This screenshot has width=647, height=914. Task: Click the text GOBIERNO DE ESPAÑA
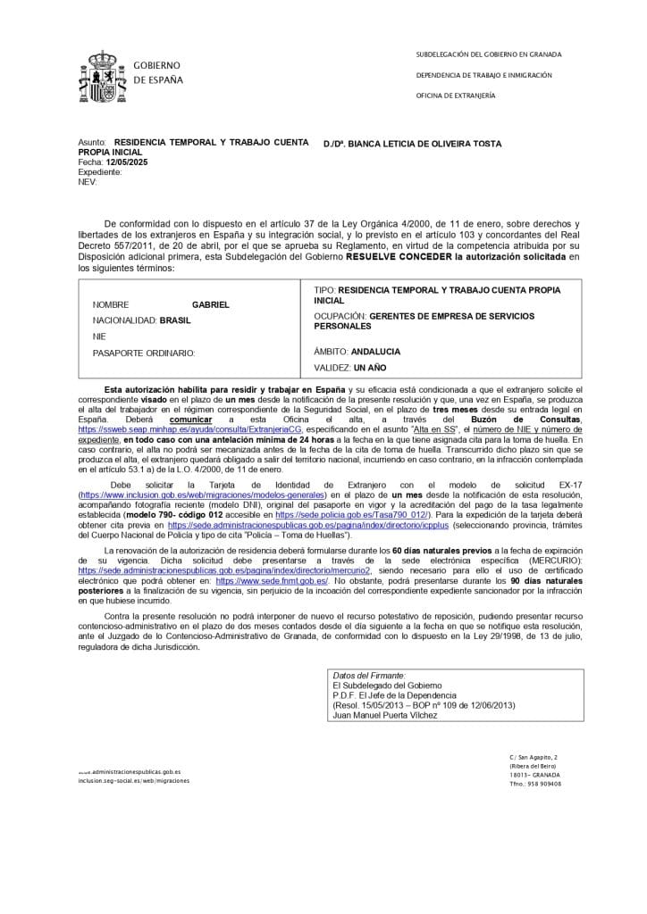pyautogui.click(x=157, y=73)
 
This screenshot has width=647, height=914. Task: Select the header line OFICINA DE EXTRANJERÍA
pyautogui.click(x=456, y=96)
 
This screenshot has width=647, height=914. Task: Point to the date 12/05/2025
pyautogui.click(x=124, y=163)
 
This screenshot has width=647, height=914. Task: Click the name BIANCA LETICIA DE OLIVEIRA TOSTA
pyautogui.click(x=424, y=144)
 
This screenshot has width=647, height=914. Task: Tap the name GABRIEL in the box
pyautogui.click(x=211, y=304)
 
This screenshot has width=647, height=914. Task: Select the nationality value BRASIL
pyautogui.click(x=175, y=320)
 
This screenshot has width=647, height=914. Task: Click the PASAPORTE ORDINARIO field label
pyautogui.click(x=144, y=353)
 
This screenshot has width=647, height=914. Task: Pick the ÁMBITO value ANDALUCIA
pyautogui.click(x=375, y=352)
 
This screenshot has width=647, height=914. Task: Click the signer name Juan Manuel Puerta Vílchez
pyautogui.click(x=385, y=715)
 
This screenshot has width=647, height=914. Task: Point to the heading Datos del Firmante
pyautogui.click(x=368, y=676)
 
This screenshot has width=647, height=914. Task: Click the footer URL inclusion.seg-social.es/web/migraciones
pyautogui.click(x=134, y=780)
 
